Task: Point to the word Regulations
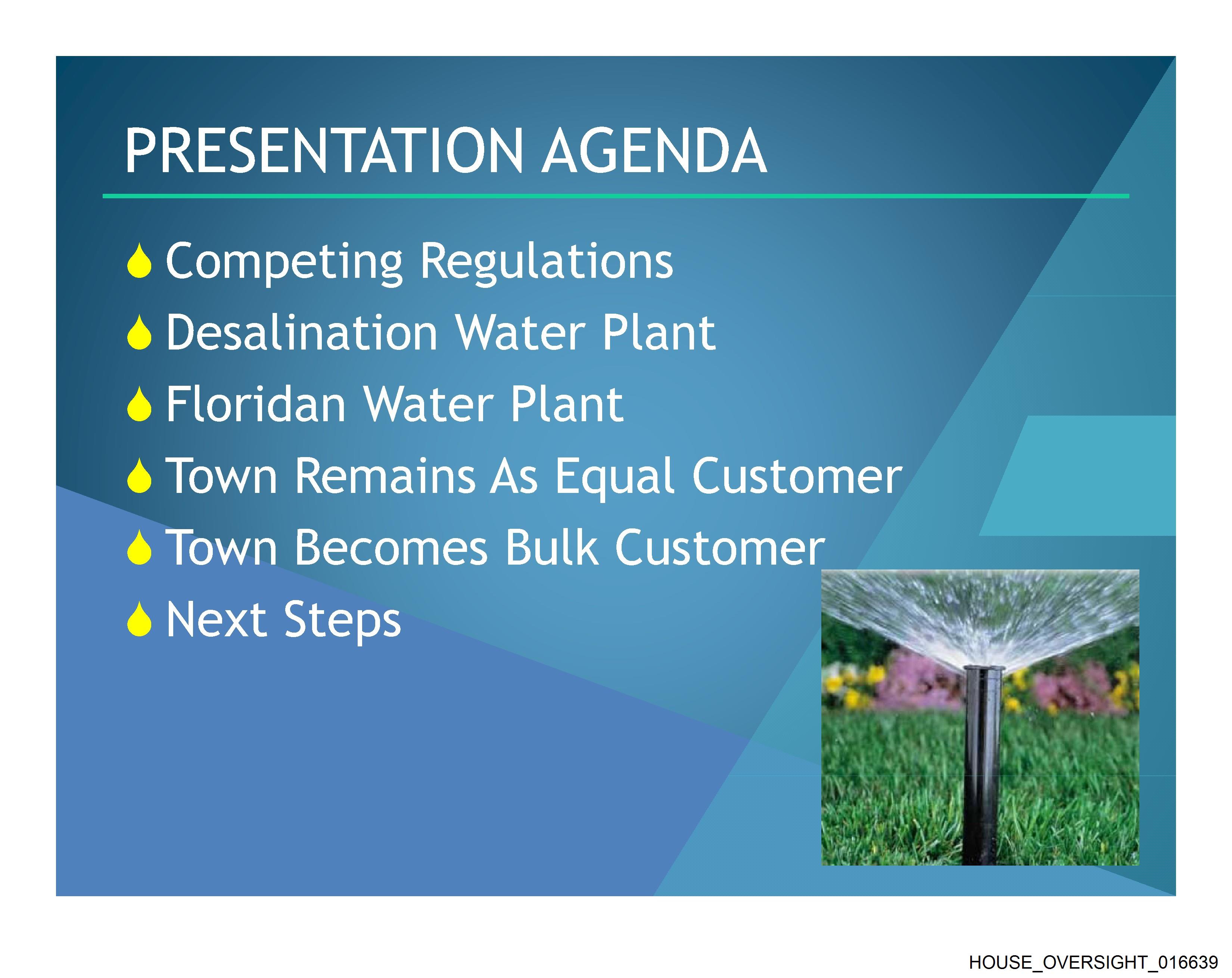click(x=547, y=262)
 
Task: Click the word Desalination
click(x=302, y=333)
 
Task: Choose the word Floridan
click(x=256, y=404)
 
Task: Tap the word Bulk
click(x=552, y=547)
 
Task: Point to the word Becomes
click(x=391, y=547)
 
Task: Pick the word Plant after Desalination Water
click(x=658, y=333)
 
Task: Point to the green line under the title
click(x=616, y=196)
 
